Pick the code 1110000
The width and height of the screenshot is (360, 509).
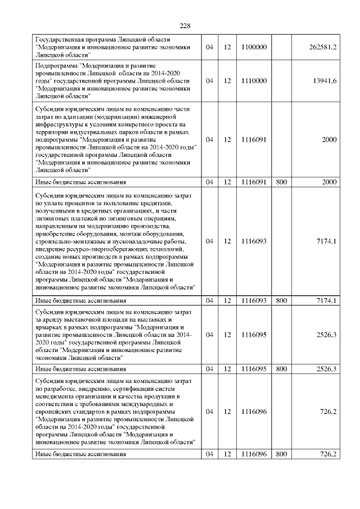[253, 81]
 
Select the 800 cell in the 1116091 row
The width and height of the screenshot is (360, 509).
[281, 182]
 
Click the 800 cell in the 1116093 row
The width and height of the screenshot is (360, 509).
[281, 300]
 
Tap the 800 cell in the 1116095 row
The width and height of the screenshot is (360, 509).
[281, 369]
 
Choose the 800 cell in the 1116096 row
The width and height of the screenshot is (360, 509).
[281, 454]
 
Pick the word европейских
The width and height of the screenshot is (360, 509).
[54, 412]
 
